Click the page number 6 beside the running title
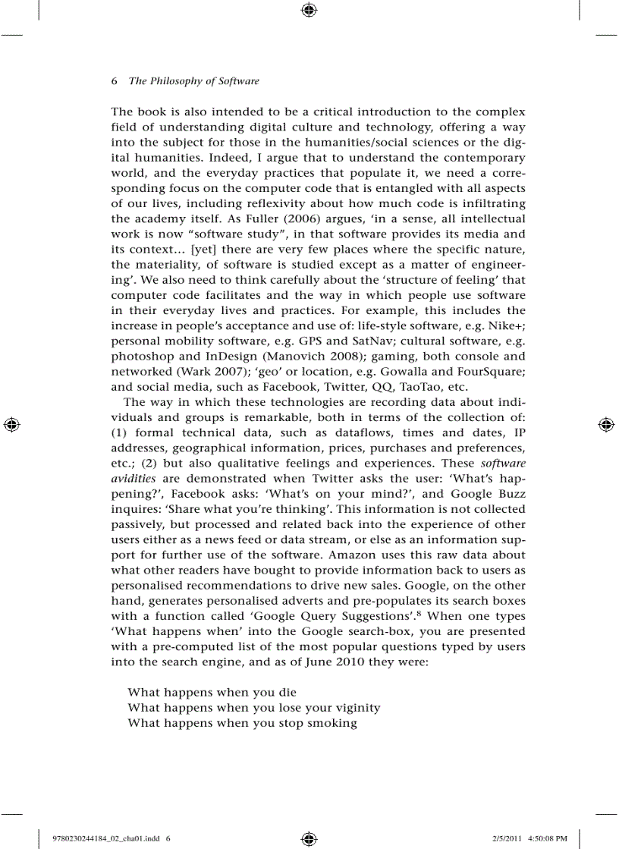tap(115, 81)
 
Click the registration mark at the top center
tap(309, 10)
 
